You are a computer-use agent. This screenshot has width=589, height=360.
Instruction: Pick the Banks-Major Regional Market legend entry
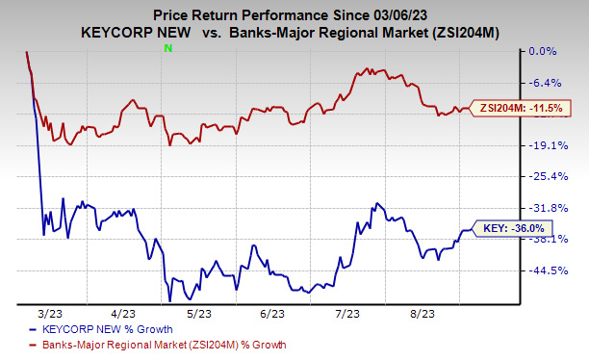[135, 345]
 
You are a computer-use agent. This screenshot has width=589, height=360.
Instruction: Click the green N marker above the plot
[169, 47]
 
